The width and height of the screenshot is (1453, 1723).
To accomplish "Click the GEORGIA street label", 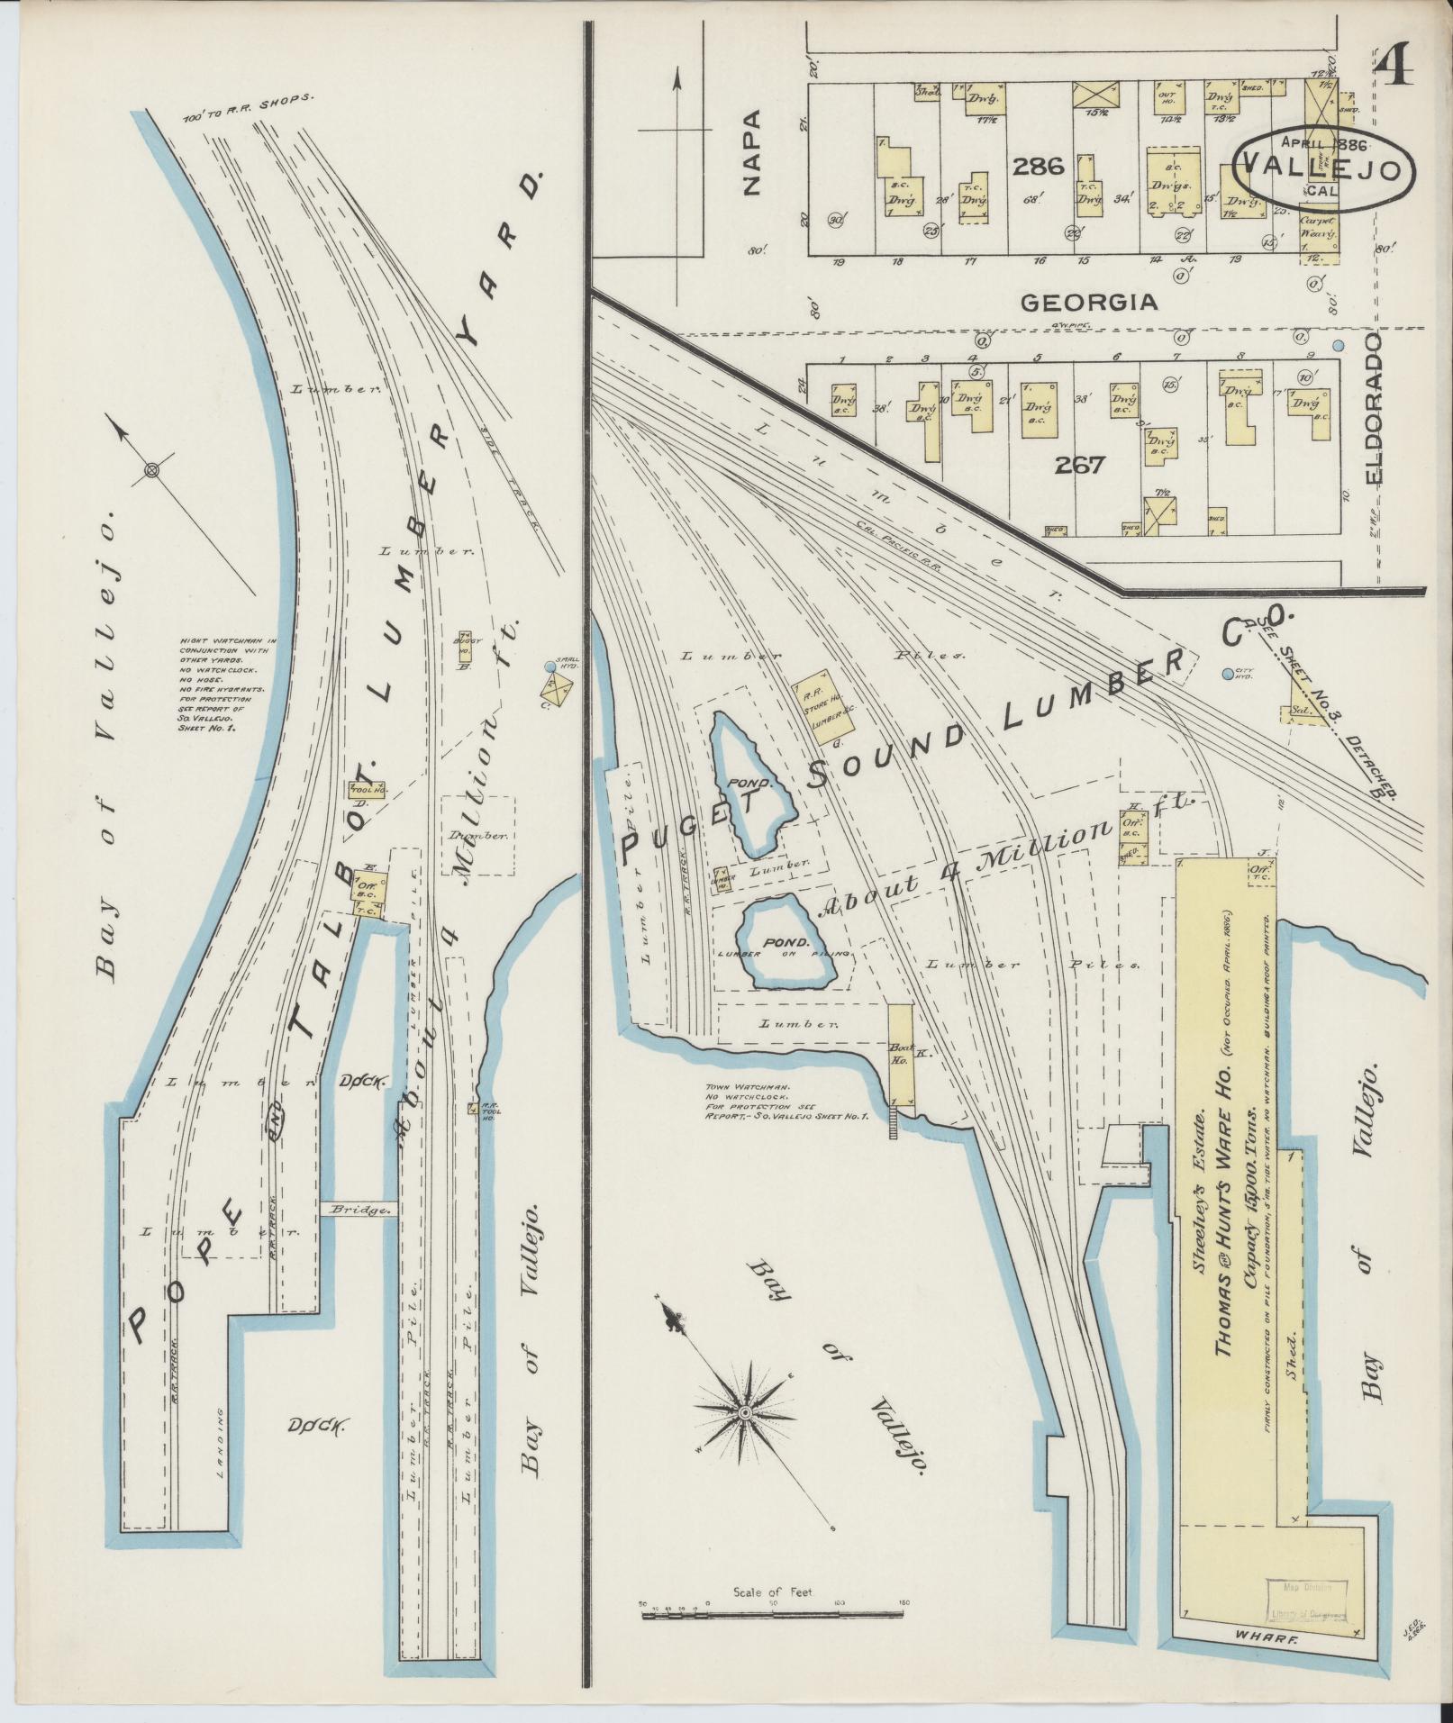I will pos(1088,302).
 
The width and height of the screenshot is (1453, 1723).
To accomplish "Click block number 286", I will pos(1038,166).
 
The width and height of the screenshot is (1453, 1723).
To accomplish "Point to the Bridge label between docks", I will pos(359,1211).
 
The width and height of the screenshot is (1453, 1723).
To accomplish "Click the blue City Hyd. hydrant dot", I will pos(1227,674).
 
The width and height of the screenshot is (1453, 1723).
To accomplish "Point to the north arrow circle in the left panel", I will pos(151,469).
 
